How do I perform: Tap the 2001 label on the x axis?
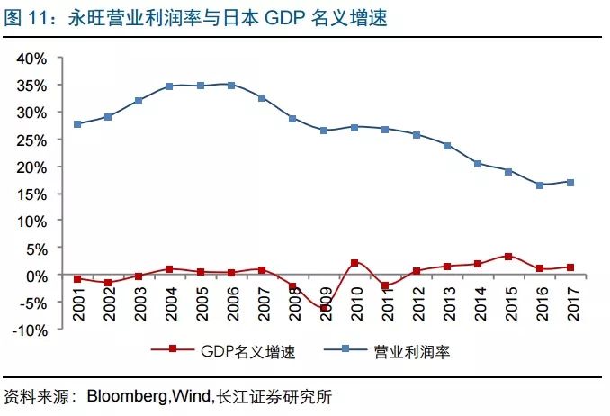[x=78, y=303]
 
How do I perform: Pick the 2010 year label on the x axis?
[x=356, y=303]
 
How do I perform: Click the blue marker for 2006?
[x=231, y=86]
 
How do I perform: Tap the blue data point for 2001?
[x=77, y=124]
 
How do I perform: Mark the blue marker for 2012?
[x=417, y=135]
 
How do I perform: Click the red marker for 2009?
[x=324, y=307]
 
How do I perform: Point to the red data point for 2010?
[x=355, y=263]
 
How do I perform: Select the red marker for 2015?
[x=509, y=257]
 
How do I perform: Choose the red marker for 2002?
[x=108, y=283]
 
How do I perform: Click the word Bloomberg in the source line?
[x=122, y=396]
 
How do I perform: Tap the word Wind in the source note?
[x=191, y=396]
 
